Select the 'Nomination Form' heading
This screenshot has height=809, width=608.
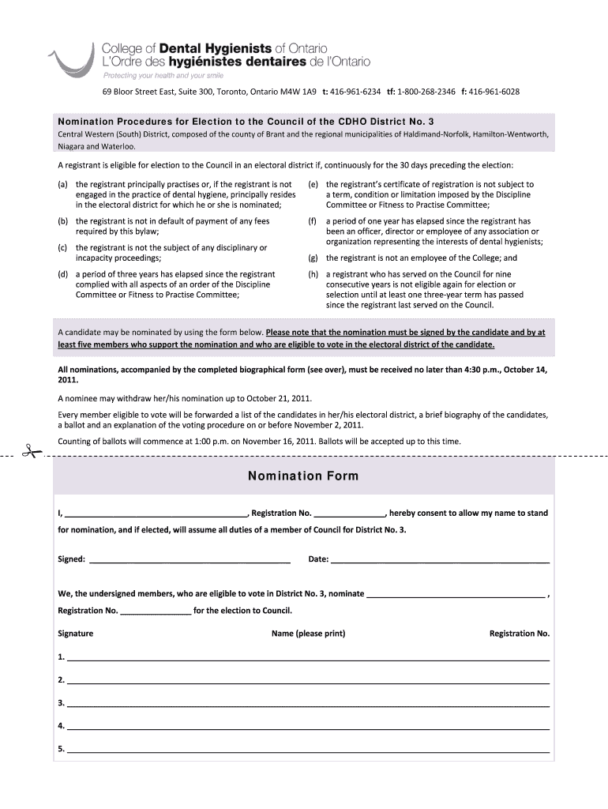[x=303, y=476]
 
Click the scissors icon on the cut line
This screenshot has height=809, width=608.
[x=31, y=453]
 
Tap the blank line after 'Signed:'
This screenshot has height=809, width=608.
[x=190, y=560]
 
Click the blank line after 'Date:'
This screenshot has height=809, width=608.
[x=440, y=560]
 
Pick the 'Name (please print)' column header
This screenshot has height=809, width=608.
[x=308, y=634]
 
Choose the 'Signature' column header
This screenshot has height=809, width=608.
[x=76, y=634]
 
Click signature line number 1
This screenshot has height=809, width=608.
[x=308, y=657]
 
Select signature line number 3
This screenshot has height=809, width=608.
[x=308, y=703]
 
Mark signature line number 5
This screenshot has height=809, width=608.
[x=308, y=749]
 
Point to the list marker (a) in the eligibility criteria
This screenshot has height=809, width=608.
[x=62, y=184]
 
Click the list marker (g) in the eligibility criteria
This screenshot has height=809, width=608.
[x=313, y=258]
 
